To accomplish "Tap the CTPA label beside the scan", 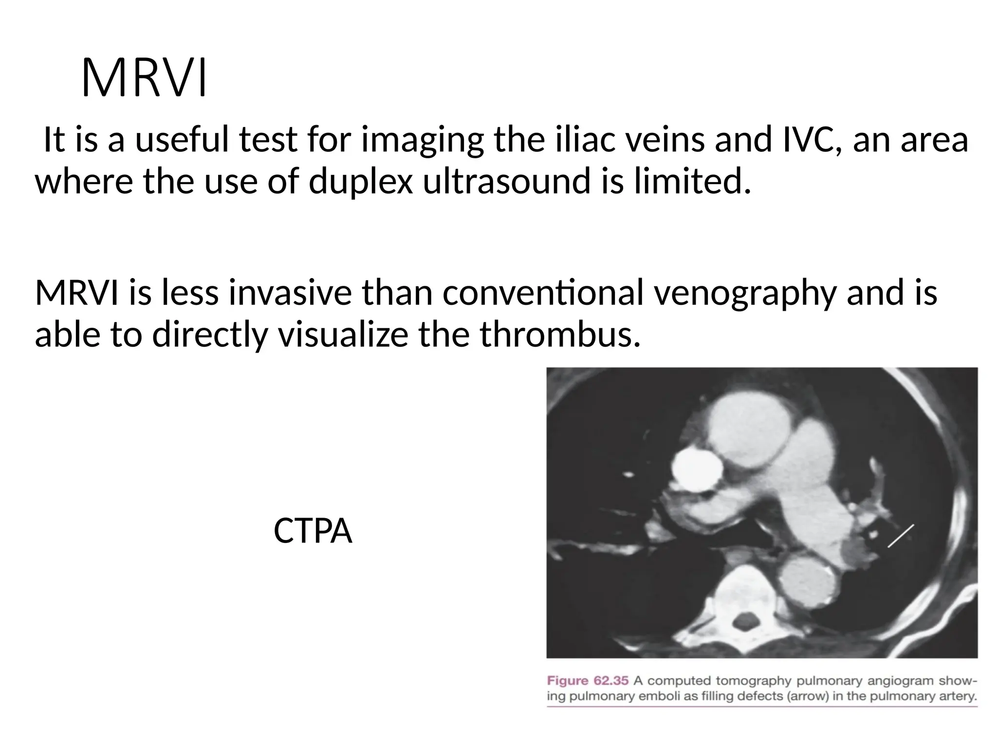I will [313, 531].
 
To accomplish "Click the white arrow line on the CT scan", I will [901, 536].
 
